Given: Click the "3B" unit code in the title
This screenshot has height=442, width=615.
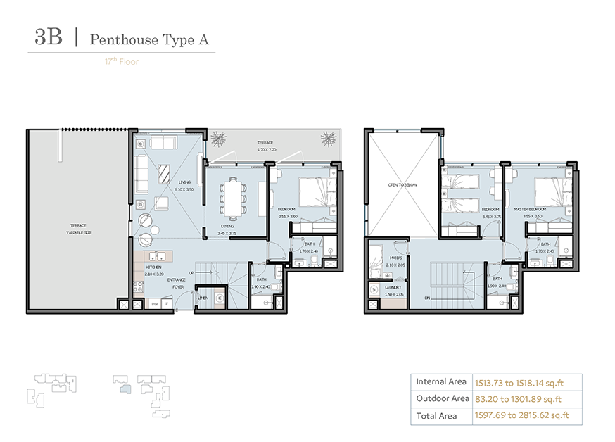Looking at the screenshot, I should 49,38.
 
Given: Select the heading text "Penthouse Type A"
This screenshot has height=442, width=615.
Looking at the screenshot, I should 149,39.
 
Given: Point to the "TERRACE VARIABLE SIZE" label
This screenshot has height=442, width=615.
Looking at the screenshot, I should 78,228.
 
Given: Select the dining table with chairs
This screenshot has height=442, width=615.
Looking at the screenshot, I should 232,197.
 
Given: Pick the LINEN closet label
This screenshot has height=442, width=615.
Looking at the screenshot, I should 204,298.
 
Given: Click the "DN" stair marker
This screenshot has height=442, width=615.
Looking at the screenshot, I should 426,298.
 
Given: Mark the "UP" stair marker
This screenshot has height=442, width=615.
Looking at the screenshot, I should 190,273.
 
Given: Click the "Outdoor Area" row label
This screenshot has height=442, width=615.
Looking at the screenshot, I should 442,398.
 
